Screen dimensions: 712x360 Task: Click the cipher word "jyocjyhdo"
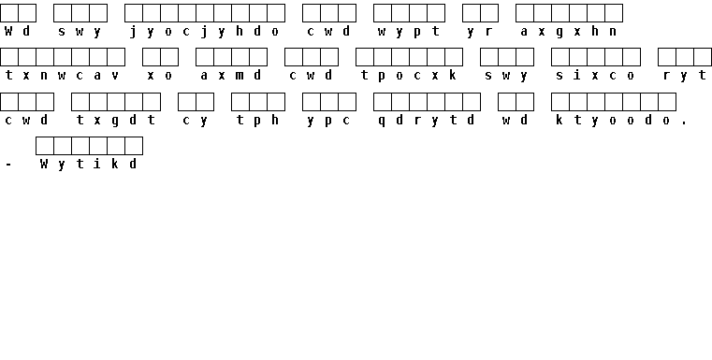tap(204, 32)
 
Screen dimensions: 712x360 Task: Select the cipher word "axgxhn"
tap(569, 32)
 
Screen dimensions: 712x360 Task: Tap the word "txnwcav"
tap(62, 76)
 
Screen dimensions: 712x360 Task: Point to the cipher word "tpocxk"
tap(409, 76)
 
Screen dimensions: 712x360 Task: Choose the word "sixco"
tap(595, 76)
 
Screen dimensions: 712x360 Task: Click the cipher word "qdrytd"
tap(427, 121)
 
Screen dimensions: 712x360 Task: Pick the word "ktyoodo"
tap(613, 121)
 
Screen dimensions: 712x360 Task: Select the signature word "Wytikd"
tap(89, 164)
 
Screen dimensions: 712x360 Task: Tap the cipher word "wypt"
tap(409, 32)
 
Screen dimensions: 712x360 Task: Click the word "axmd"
tap(231, 76)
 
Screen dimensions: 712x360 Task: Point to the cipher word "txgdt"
tap(116, 121)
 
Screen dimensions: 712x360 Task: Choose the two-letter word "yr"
tap(480, 32)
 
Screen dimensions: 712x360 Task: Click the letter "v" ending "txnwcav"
tap(115, 76)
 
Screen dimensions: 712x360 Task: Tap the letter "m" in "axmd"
tap(240, 76)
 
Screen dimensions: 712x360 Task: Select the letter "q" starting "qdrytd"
tap(382, 122)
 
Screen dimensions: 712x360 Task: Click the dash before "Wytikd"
tap(8, 166)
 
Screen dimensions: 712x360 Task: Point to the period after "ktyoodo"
tap(684, 124)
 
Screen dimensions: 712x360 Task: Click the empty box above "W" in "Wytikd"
tap(45, 146)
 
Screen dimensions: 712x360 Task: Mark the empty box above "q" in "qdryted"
tap(383, 102)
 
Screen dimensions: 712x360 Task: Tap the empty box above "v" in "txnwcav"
tap(116, 57)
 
